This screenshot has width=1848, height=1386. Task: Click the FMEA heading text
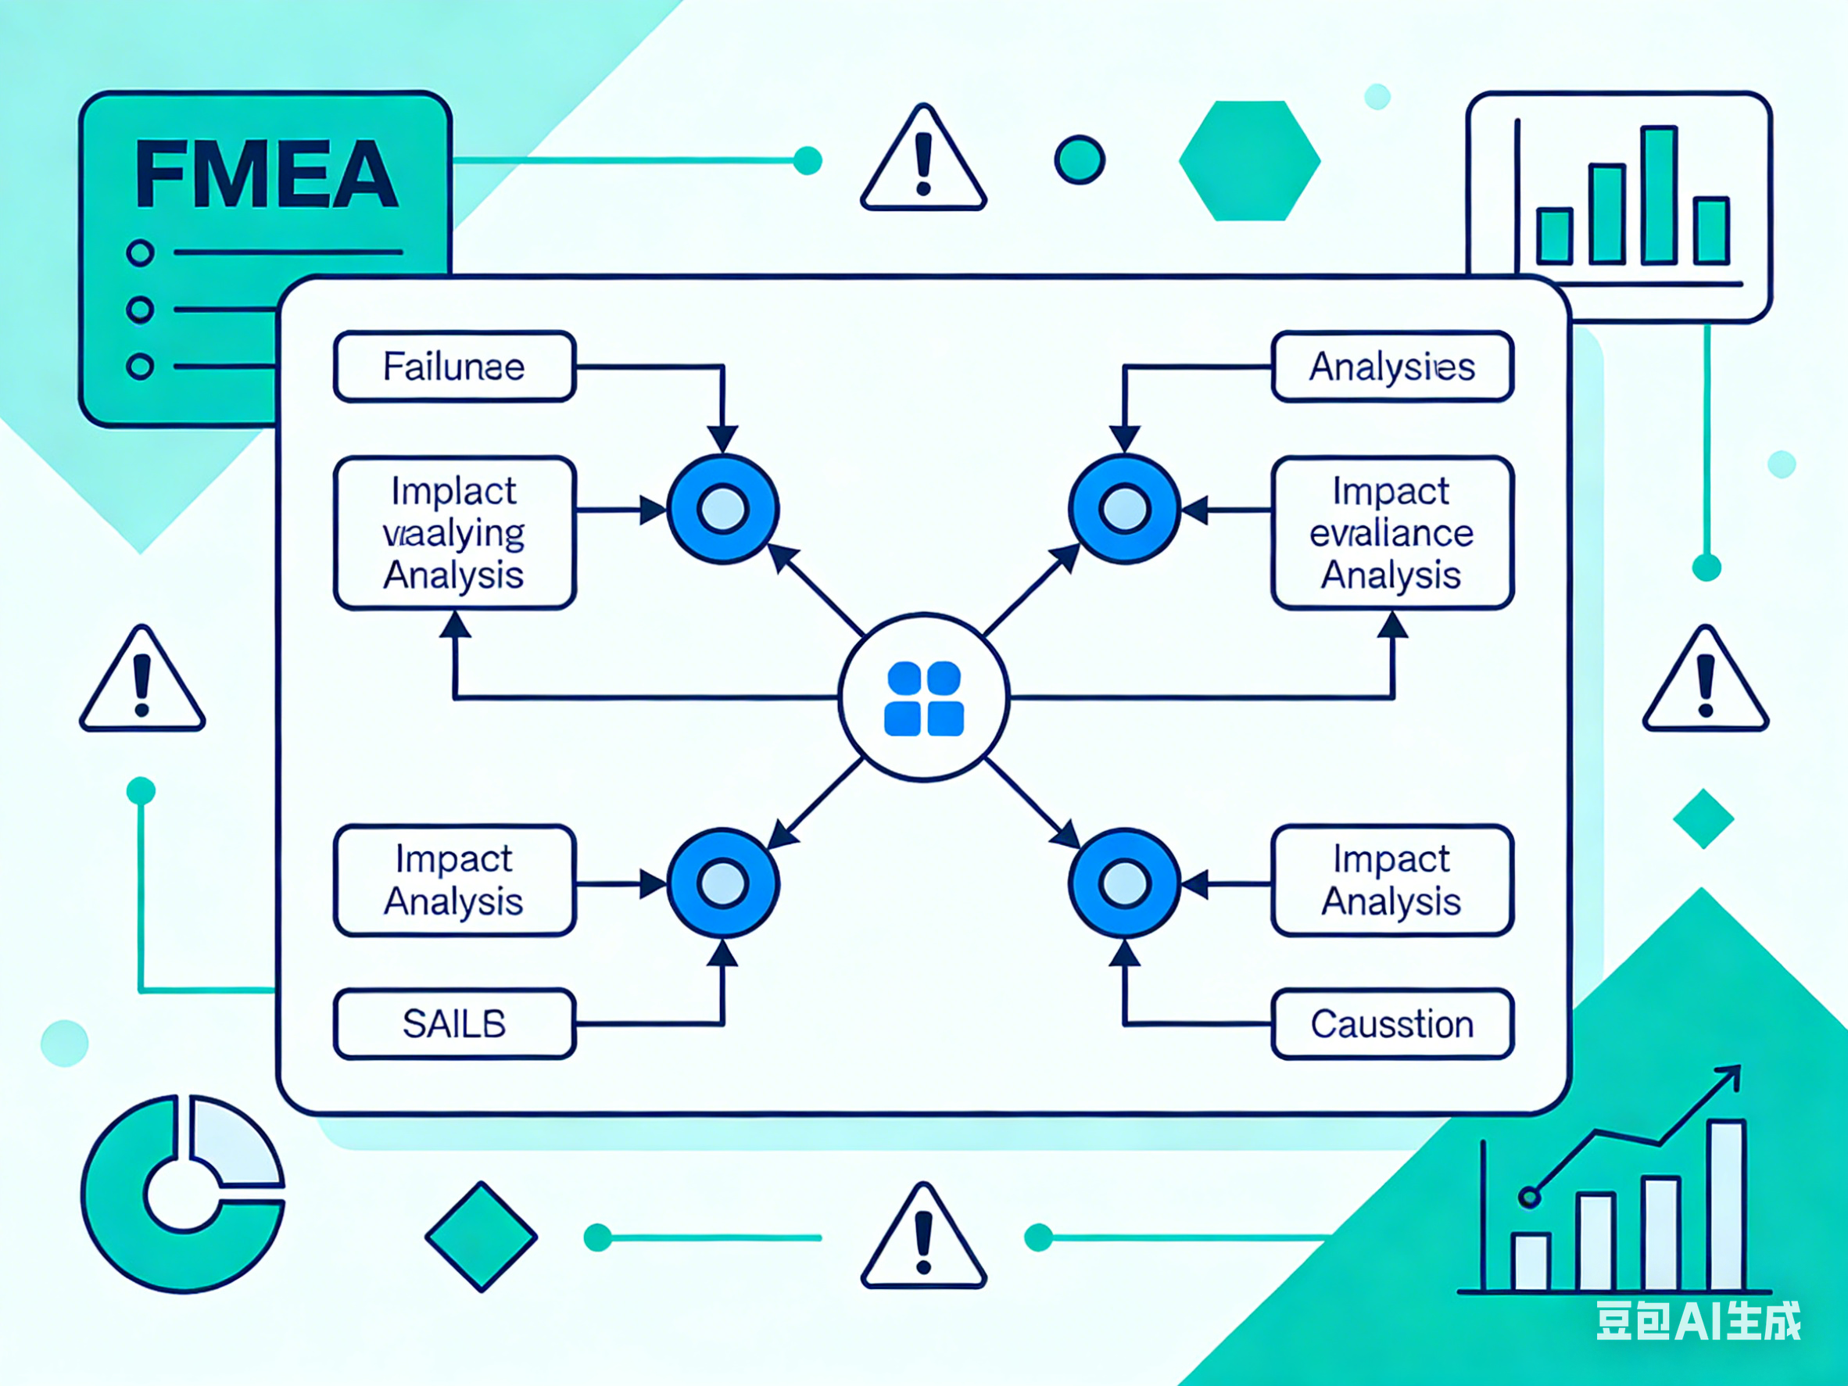click(266, 174)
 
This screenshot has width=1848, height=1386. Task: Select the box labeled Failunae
click(454, 367)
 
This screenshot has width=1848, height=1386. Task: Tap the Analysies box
click(1391, 367)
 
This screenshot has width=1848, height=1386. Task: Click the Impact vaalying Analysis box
click(454, 533)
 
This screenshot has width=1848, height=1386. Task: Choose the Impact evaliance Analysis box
click(1391, 533)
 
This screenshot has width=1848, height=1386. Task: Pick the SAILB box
click(454, 1024)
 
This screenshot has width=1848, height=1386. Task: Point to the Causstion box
click(1391, 1024)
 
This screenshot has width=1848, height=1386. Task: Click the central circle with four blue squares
click(924, 698)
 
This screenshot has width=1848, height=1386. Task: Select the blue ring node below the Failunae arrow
click(722, 509)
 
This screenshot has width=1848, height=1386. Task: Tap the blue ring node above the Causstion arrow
click(1124, 883)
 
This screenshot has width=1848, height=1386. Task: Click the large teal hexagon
click(1249, 160)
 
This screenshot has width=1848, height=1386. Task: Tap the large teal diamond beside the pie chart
click(482, 1237)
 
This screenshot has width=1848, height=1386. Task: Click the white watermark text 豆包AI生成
click(1699, 1321)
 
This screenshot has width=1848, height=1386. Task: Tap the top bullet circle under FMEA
click(141, 252)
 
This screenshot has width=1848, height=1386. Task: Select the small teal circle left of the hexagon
click(1080, 159)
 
